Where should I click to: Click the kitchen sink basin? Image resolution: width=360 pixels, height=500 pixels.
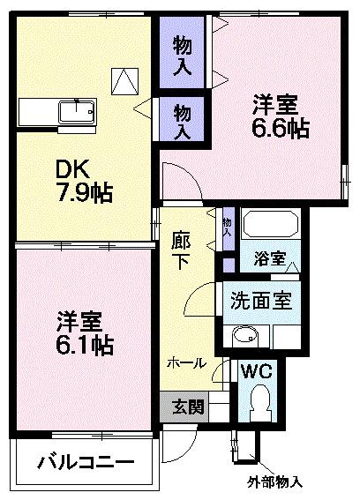click(73, 114)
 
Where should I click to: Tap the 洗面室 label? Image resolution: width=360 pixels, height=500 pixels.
click(262, 299)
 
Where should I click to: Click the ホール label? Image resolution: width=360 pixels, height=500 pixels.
click(187, 362)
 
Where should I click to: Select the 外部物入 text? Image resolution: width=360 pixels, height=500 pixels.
click(274, 482)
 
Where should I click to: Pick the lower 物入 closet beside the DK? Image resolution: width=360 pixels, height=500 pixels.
click(183, 120)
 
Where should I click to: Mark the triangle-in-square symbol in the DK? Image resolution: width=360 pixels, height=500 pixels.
click(124, 81)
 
